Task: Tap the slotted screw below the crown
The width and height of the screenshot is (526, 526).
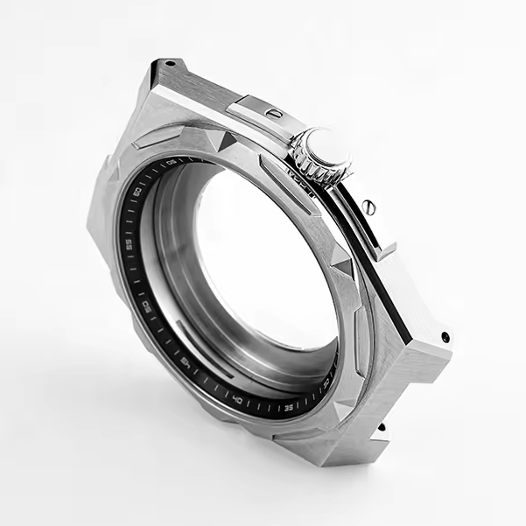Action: (x=369, y=207)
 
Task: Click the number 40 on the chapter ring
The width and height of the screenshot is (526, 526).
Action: (x=237, y=398)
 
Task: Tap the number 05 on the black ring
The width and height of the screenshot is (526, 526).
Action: (x=171, y=162)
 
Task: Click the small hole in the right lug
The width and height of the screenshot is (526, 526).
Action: (x=445, y=336)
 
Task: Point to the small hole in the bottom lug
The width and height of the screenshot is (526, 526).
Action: (x=382, y=428)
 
